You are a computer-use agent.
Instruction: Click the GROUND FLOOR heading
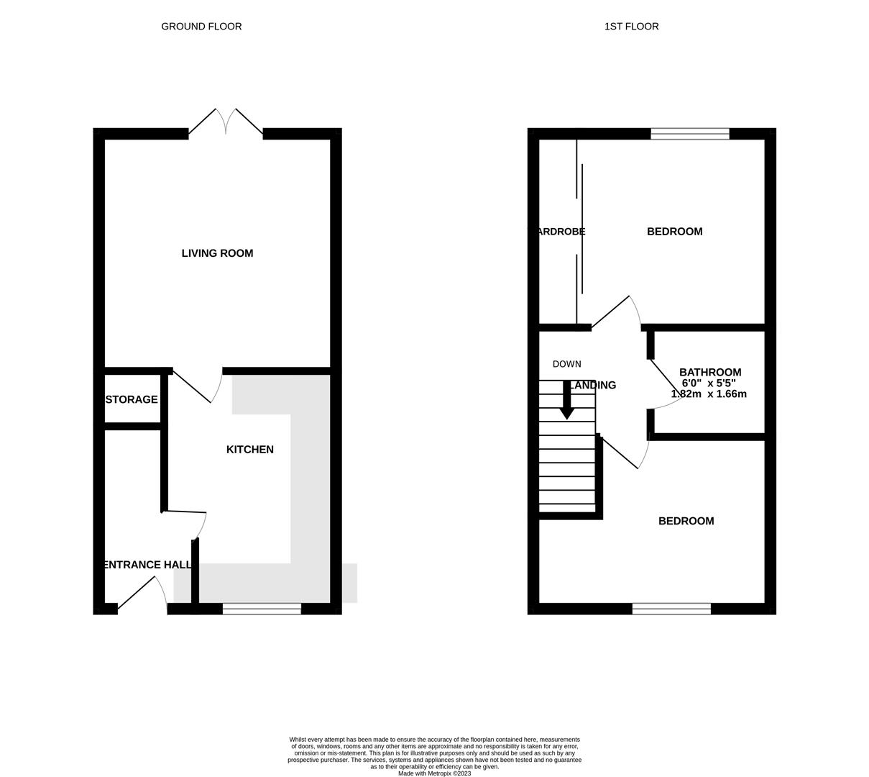(x=201, y=27)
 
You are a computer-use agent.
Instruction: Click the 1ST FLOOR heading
(x=631, y=27)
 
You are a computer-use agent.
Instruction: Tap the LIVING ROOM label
(x=217, y=253)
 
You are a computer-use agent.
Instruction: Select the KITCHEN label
(x=249, y=450)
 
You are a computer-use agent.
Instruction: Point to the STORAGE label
(x=132, y=399)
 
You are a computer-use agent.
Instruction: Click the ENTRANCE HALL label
(x=147, y=565)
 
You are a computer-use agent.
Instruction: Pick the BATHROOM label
(x=710, y=372)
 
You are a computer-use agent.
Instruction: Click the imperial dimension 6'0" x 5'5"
(x=709, y=383)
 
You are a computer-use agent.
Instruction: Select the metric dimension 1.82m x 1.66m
(x=709, y=394)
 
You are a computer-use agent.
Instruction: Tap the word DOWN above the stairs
(x=566, y=364)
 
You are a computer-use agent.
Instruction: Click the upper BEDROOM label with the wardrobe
(x=674, y=232)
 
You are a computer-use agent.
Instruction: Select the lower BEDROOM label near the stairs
(x=686, y=521)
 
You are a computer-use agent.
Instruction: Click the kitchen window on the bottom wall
(x=262, y=609)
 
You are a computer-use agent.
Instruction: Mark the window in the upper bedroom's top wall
(x=689, y=134)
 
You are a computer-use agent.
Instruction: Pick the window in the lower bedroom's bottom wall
(x=671, y=609)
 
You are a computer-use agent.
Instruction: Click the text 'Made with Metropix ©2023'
(x=434, y=773)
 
